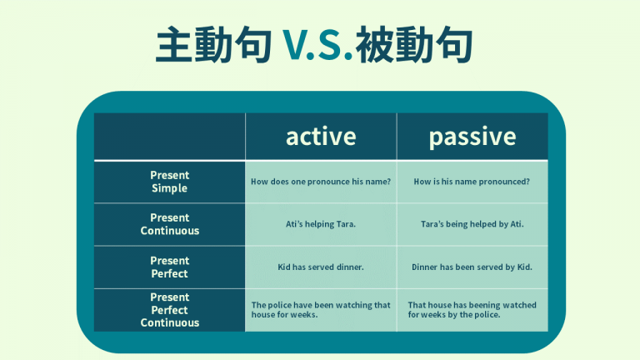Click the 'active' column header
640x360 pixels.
(321, 137)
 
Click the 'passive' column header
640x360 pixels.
(472, 137)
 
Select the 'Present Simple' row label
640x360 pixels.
(169, 182)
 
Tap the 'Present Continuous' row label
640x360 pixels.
(169, 224)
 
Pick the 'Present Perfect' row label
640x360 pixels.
(169, 267)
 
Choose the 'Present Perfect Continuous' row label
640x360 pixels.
(169, 310)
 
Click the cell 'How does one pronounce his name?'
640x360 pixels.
(321, 182)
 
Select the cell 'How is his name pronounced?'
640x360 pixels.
(472, 182)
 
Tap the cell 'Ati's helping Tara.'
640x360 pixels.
(321, 224)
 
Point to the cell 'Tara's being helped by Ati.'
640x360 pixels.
(472, 224)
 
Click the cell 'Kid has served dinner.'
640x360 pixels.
(321, 267)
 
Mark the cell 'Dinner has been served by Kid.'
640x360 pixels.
(472, 267)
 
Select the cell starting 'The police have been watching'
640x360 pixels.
(321, 310)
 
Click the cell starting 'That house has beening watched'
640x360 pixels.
(472, 310)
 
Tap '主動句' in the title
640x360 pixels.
(214, 47)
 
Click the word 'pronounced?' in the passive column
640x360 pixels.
(502, 182)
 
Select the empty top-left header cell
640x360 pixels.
(169, 137)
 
